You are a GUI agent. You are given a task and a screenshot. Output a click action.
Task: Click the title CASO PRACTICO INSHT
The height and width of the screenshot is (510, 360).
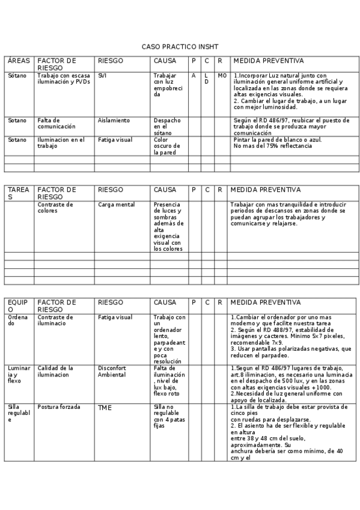[x=180, y=46]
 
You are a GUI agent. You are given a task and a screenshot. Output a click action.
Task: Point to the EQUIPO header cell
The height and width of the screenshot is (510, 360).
[x=17, y=306]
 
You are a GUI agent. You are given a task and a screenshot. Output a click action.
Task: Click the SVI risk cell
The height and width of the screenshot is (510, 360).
[x=103, y=76]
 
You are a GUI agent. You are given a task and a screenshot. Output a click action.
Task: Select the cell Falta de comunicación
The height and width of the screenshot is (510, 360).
[x=56, y=123]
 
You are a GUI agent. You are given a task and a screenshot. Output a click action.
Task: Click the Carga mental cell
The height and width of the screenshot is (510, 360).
[x=116, y=204]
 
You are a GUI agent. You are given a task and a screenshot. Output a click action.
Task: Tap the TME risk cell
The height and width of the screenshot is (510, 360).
[x=105, y=408]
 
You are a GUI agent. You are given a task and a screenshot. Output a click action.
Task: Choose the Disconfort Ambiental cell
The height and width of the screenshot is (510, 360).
[x=112, y=371]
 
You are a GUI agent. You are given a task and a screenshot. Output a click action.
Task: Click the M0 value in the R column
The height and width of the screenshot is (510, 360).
[x=222, y=76]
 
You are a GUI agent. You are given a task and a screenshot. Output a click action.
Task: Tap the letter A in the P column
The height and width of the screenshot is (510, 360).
[x=194, y=76]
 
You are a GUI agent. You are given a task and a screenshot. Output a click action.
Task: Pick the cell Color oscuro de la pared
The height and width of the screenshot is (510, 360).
[x=163, y=146]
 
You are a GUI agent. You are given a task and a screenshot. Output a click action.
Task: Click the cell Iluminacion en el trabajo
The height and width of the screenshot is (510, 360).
[x=61, y=143]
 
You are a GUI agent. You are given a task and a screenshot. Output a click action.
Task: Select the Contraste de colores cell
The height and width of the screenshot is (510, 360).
[x=55, y=207]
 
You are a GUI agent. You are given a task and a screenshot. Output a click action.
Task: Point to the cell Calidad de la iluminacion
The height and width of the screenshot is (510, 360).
[x=55, y=371]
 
